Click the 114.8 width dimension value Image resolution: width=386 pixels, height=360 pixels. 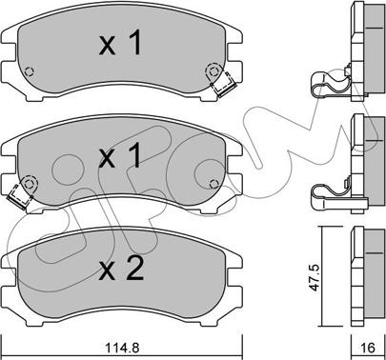(x=122, y=348)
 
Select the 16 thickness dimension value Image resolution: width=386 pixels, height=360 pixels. (x=368, y=348)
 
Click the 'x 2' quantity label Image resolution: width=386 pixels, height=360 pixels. (x=121, y=269)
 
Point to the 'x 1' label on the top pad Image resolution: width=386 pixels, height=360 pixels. (x=120, y=44)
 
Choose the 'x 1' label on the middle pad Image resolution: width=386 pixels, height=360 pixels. (x=120, y=155)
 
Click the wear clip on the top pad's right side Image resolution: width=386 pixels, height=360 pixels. (x=224, y=83)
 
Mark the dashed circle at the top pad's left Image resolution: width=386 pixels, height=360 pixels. (x=30, y=72)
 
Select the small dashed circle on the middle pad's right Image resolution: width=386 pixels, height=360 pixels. (x=214, y=184)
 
